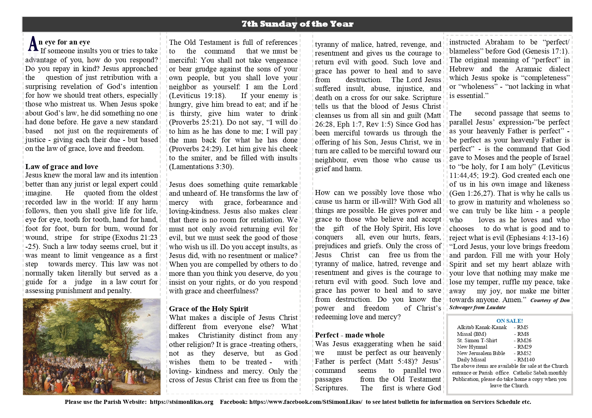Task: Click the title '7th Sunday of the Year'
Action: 297,24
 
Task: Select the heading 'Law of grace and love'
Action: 62,166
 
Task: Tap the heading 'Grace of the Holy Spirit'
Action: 208,309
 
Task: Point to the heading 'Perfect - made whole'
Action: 349,335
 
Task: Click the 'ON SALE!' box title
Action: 509,321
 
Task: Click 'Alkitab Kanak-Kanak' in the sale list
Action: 482,327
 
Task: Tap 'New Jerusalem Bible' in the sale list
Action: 481,353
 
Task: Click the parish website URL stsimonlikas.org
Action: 181,402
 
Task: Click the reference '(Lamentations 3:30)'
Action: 201,166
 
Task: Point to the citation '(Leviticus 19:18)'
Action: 197,95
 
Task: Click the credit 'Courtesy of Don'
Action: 550,300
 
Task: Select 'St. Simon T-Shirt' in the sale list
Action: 477,340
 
